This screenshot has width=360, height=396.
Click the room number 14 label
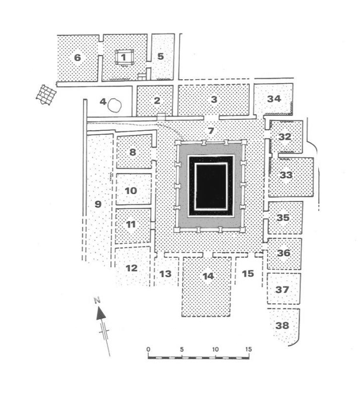click(x=208, y=276)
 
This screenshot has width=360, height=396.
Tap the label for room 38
click(x=282, y=326)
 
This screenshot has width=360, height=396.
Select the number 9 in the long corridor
click(x=98, y=204)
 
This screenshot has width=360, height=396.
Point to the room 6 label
click(x=78, y=57)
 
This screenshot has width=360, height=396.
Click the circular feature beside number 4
click(x=114, y=105)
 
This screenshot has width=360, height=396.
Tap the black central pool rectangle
click(x=211, y=186)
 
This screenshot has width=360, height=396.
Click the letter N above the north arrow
click(x=97, y=301)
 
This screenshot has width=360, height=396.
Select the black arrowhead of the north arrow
click(x=101, y=314)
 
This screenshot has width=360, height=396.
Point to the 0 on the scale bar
click(x=148, y=349)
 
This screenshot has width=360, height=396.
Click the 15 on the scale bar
click(x=249, y=349)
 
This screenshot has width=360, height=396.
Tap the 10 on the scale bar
click(x=215, y=349)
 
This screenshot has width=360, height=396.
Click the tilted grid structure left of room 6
click(x=46, y=95)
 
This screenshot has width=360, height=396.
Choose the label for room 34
click(x=274, y=99)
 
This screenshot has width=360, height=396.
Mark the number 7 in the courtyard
click(x=211, y=131)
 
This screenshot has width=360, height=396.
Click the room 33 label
click(x=286, y=175)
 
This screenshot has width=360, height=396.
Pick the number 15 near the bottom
click(x=248, y=274)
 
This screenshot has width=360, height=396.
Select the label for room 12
click(x=132, y=268)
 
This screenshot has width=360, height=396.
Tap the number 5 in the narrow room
click(x=161, y=57)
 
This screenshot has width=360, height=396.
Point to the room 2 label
click(x=157, y=101)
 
